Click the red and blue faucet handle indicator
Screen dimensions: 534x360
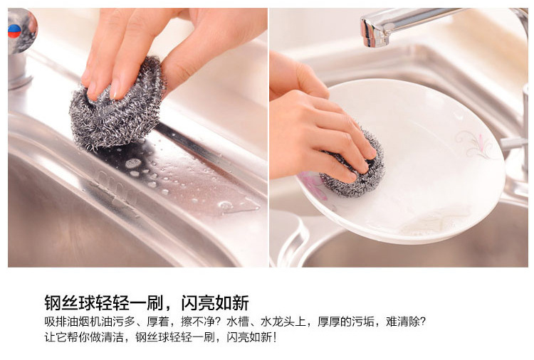(14, 31)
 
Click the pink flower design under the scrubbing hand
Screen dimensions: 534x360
(313, 186)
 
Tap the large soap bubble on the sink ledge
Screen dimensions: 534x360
(133, 164)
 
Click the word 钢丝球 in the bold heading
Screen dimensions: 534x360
(70, 302)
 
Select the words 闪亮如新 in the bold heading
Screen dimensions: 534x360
(215, 302)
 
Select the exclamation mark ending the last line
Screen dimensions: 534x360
(275, 337)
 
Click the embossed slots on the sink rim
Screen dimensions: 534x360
(117, 186)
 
